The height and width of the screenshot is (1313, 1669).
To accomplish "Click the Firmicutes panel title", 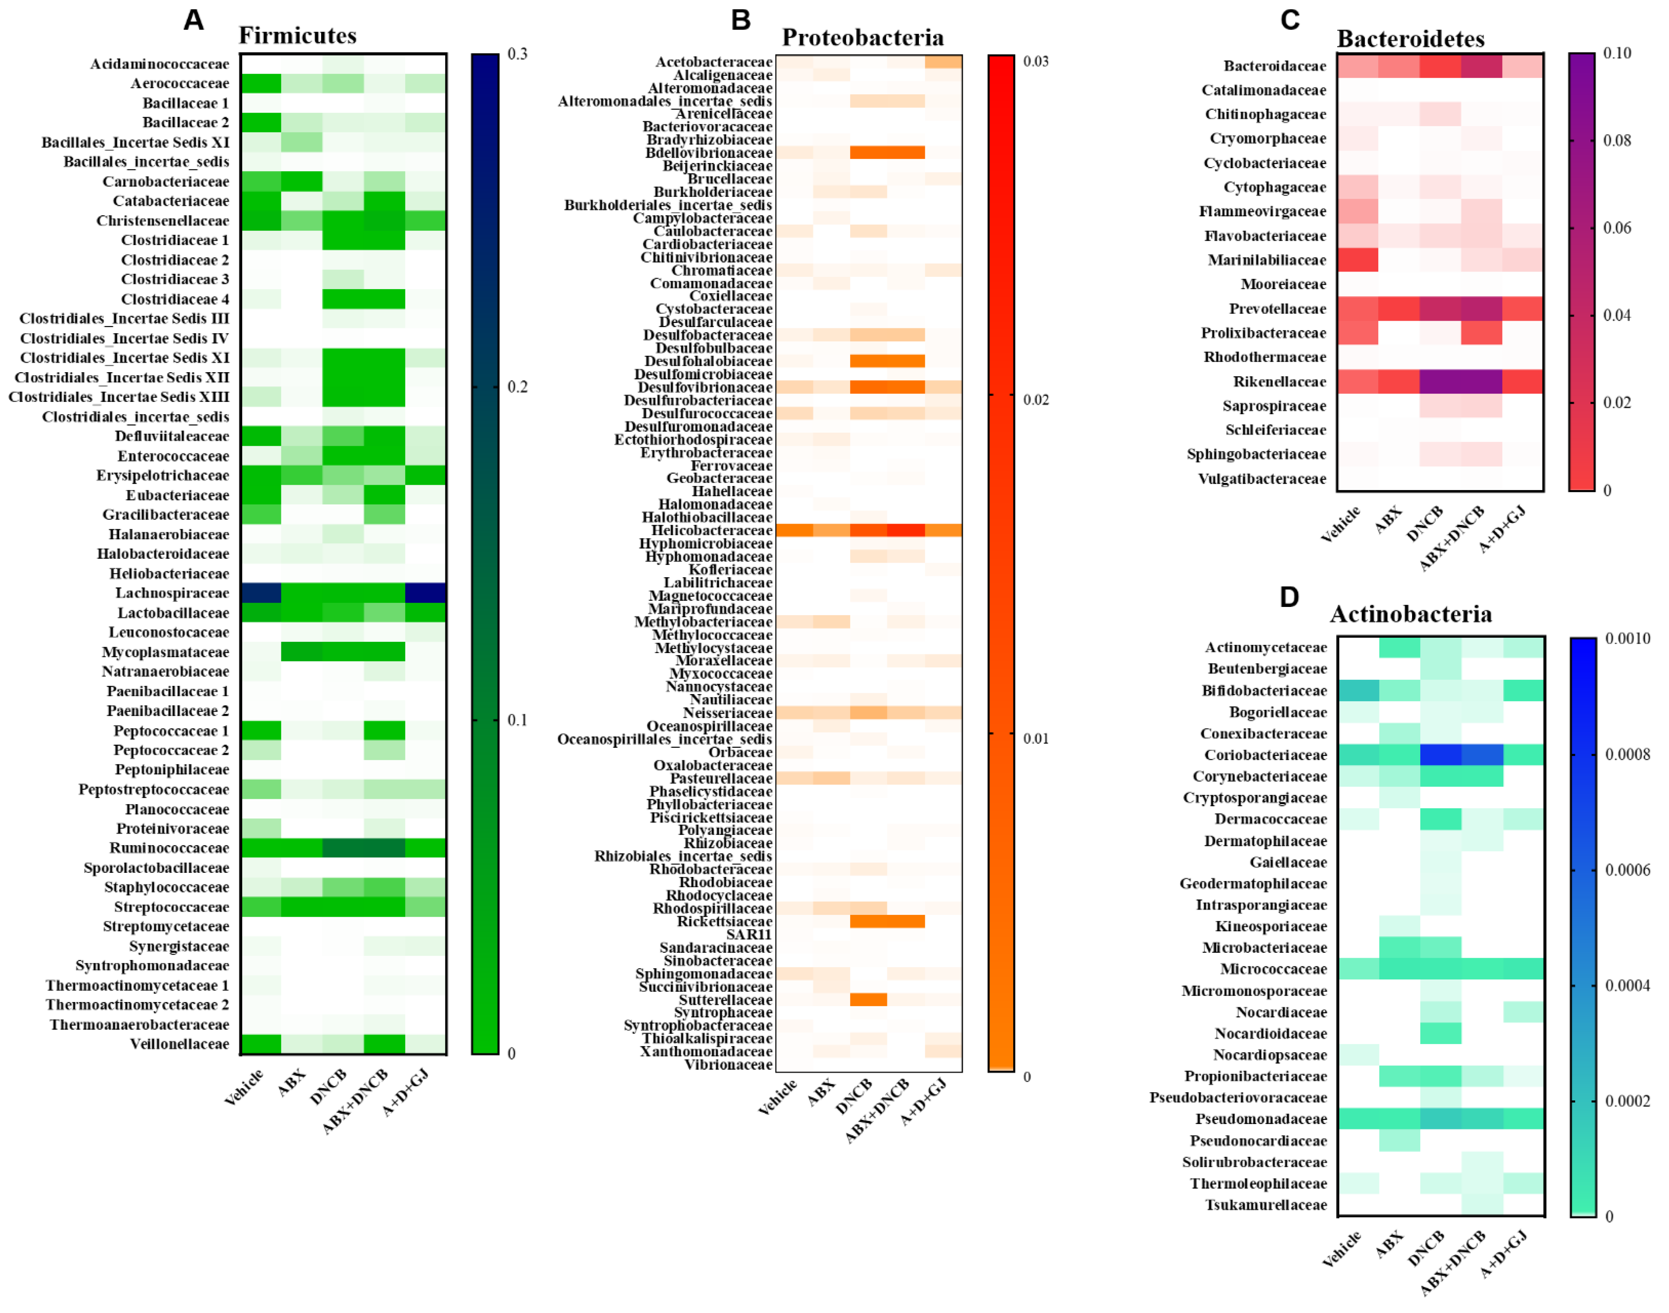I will click(x=298, y=35).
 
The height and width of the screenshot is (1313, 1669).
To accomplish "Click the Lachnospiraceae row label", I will click(x=172, y=593).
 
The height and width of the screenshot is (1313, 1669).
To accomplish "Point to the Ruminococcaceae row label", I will click(x=169, y=848).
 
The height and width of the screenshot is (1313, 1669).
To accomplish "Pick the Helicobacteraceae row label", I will click(x=711, y=530).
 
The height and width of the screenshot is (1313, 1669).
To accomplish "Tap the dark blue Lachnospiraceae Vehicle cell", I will click(x=261, y=593).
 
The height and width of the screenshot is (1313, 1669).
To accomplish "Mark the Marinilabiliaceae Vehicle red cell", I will click(x=1358, y=260).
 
